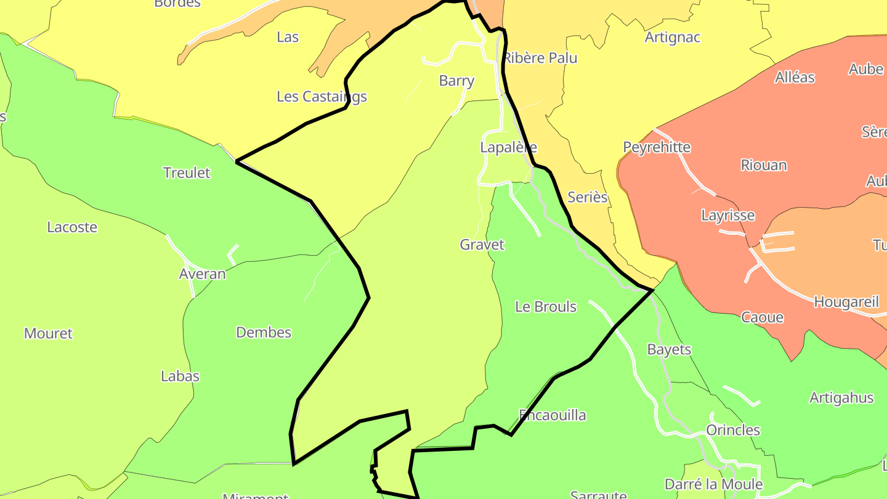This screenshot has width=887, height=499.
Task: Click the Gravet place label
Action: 482,245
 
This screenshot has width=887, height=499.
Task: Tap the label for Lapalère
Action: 508,147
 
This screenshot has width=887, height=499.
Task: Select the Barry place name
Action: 456,81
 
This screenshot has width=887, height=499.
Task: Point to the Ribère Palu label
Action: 540,58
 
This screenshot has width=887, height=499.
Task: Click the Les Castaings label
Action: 322,97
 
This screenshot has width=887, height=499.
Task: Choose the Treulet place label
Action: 187,172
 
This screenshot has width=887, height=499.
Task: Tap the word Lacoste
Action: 72,227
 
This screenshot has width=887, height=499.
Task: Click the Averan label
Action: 202,274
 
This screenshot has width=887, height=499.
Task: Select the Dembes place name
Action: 264,333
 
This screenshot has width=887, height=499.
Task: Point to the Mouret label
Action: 48,334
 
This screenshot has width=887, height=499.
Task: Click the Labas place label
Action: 180,376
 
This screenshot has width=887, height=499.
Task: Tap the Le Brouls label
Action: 545,307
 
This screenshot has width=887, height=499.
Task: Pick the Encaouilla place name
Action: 552,415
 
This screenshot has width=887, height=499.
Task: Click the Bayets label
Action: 669,350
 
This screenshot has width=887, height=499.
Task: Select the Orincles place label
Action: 733,430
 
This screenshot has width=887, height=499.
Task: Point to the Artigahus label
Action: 841,398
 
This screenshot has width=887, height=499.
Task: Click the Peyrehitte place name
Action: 657,147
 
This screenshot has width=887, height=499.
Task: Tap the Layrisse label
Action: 727,216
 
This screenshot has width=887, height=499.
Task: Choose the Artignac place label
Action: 672,38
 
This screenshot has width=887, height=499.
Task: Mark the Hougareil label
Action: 846,302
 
